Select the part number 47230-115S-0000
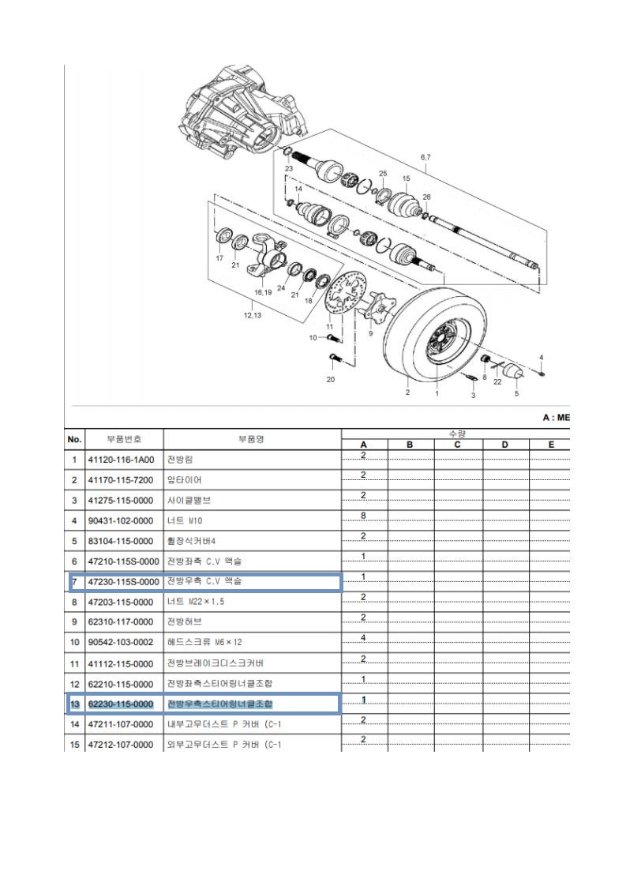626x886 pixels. click(123, 582)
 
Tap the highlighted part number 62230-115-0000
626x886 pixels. click(123, 703)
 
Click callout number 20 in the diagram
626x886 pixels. click(330, 379)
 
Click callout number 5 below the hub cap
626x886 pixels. click(517, 393)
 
